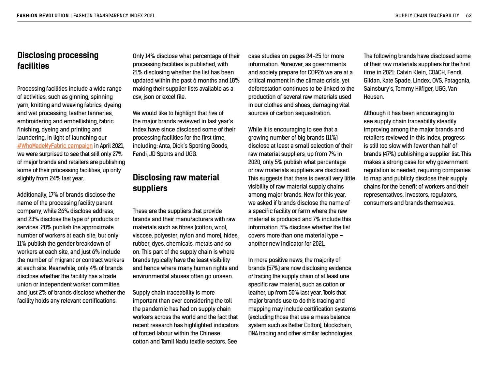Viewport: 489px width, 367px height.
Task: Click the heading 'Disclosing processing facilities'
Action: point(58,60)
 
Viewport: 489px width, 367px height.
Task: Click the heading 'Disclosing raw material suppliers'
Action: point(176,183)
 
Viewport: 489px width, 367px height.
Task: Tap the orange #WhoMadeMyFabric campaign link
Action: point(55,146)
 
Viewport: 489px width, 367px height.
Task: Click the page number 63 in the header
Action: point(468,15)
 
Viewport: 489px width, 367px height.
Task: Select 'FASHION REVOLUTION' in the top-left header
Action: point(43,15)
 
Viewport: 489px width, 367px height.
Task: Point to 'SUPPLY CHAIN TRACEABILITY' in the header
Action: point(427,15)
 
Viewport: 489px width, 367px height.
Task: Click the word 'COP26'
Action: point(316,72)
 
